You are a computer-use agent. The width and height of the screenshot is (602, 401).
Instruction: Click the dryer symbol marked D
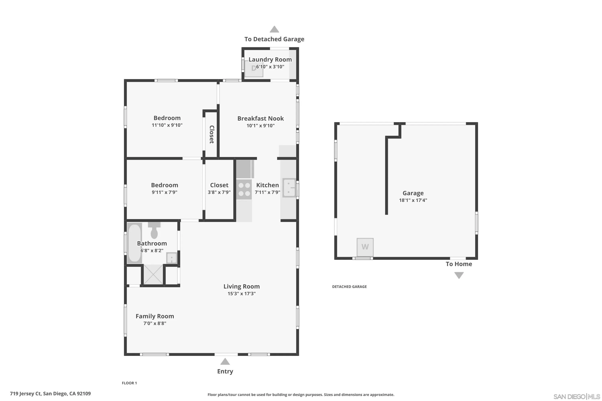click(254, 69)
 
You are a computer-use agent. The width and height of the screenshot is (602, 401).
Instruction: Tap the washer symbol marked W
click(365, 247)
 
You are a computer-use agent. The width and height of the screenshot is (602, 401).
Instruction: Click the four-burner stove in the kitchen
click(244, 189)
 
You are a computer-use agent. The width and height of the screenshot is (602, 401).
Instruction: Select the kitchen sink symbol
click(289, 188)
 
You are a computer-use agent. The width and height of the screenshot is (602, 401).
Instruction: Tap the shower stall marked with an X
click(153, 274)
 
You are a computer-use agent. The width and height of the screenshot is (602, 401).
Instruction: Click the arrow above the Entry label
click(225, 361)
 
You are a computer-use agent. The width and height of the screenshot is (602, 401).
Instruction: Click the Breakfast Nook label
click(260, 118)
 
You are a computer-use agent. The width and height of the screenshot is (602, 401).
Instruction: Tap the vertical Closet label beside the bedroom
click(212, 134)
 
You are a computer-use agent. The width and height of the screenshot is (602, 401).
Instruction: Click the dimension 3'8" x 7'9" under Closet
click(219, 192)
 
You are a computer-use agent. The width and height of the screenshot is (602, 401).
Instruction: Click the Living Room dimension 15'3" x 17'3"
click(241, 294)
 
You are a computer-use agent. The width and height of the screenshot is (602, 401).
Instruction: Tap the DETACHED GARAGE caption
click(349, 287)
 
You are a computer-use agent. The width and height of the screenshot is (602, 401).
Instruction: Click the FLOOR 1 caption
click(129, 383)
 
